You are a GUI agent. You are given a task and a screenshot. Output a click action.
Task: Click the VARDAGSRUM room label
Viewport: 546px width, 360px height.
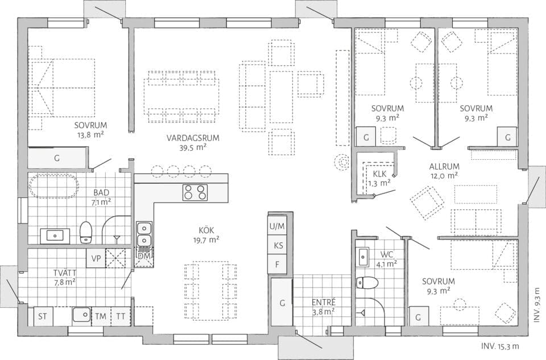193,138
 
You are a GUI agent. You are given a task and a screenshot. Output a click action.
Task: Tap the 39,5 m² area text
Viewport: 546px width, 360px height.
193,147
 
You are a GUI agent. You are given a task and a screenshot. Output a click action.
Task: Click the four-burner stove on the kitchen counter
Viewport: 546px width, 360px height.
195,192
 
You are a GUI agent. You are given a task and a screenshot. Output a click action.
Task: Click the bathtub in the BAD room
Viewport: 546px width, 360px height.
53,185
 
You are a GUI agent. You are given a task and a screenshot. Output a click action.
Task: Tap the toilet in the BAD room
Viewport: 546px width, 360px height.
86,231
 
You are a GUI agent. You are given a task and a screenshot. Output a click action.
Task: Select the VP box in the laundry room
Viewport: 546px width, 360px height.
95,257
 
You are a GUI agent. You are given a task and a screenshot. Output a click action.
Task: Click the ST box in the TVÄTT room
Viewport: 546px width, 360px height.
43,316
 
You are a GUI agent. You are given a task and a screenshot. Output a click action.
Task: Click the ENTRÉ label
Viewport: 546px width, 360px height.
323,301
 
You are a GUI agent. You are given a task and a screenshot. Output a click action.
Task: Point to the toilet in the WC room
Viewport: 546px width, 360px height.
367,283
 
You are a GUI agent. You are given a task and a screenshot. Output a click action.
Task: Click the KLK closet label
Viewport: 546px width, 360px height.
380,174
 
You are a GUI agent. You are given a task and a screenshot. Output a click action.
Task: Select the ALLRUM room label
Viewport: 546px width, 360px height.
444,167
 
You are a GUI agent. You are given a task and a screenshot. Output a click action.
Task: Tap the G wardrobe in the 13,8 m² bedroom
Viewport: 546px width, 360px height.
57,158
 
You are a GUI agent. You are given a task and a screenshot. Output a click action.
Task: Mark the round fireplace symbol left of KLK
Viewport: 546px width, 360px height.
342,163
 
